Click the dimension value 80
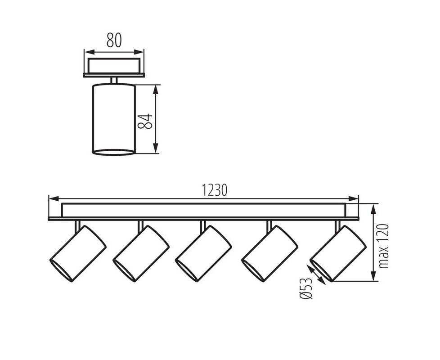point(114,40)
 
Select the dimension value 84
point(145,121)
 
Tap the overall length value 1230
point(215,190)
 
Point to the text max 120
point(384,246)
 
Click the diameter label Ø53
point(306,288)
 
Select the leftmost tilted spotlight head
point(78,253)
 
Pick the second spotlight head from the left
point(141,253)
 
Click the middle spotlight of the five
point(203,253)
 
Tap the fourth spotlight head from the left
point(269,253)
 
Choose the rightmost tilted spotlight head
point(338,253)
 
